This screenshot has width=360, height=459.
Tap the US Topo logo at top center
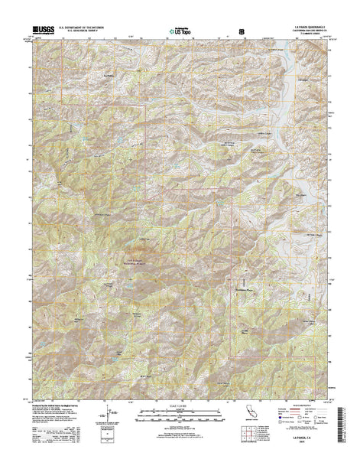pyautogui.click(x=180, y=33)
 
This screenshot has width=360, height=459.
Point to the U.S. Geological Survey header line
pyautogui.click(x=76, y=31)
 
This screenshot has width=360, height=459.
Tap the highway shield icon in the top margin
pyautogui.click(x=243, y=32)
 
